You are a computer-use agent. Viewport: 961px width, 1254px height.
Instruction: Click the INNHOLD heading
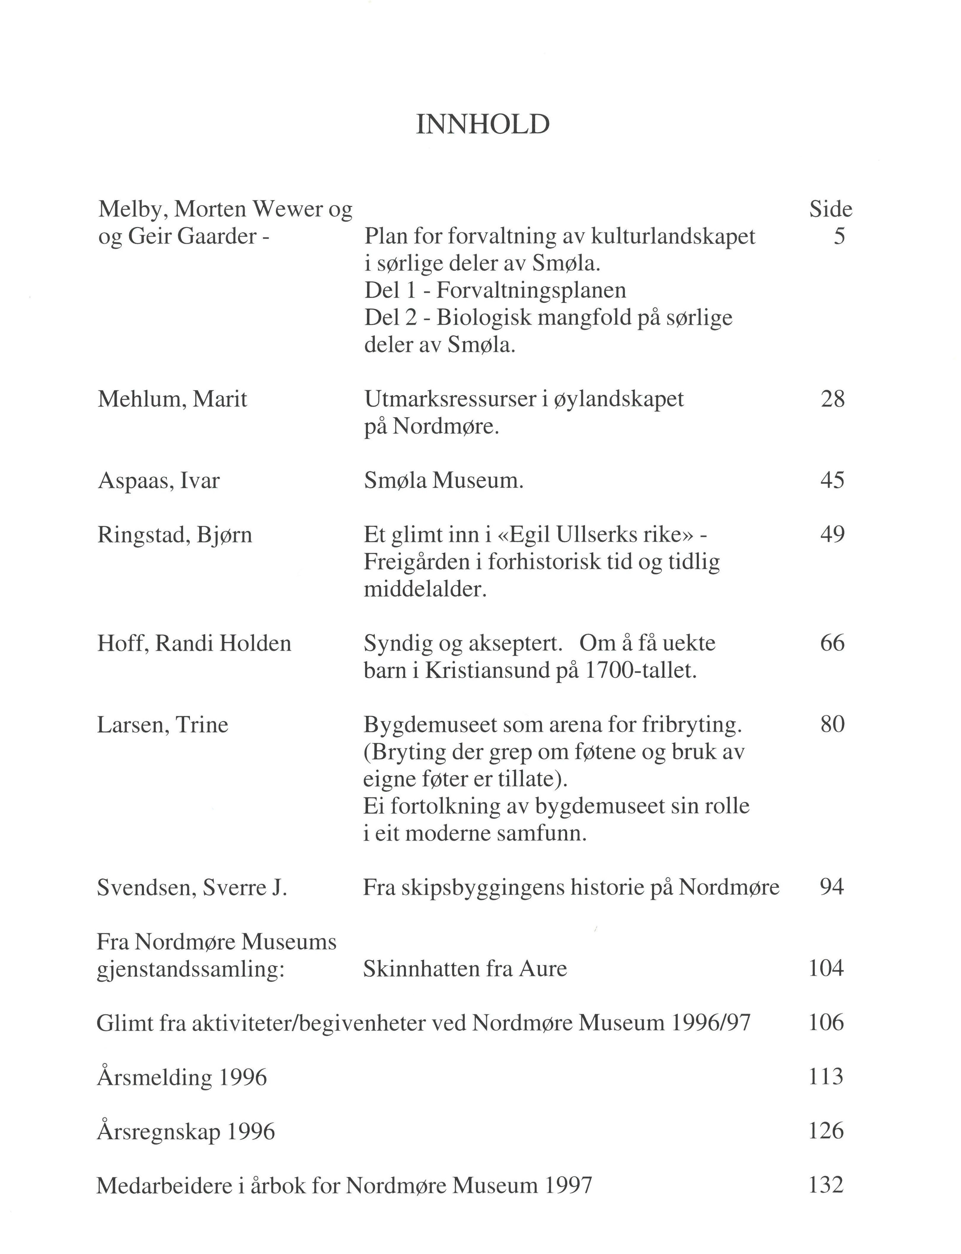[x=482, y=125]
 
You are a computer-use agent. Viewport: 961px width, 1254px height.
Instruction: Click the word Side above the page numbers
[x=830, y=209]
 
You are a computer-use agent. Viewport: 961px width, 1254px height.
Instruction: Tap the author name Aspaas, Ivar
[x=159, y=481]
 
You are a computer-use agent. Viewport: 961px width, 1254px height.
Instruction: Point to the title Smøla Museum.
[x=443, y=481]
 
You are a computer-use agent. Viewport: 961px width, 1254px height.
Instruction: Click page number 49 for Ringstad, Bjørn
[x=832, y=534]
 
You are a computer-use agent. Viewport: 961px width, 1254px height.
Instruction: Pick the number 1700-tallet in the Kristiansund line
[x=641, y=671]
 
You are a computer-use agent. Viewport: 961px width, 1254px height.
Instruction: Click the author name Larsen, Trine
[x=162, y=725]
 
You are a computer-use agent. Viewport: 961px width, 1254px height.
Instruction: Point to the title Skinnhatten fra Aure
[x=464, y=969]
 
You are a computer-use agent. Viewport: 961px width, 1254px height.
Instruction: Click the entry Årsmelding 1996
[x=182, y=1077]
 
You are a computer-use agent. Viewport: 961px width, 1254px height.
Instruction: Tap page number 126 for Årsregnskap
[x=826, y=1131]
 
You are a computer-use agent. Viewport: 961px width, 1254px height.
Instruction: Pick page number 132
[x=826, y=1185]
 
